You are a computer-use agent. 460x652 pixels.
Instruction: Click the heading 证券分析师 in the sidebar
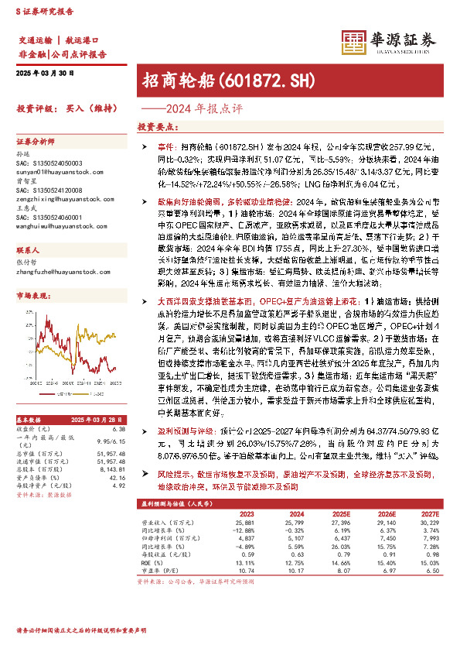point(36,142)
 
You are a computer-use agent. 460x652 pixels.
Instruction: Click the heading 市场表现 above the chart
point(32,296)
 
